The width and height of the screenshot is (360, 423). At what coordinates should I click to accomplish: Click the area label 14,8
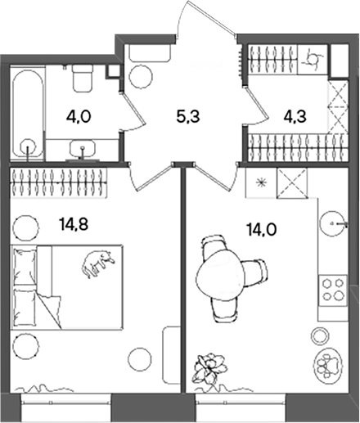74,225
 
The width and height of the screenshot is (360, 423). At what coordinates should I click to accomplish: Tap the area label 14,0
262,231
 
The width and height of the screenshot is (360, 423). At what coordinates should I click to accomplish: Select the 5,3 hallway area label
188,117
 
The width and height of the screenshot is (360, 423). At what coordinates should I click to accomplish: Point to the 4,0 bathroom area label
79,117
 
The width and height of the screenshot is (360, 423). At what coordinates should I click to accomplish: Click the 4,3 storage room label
295,117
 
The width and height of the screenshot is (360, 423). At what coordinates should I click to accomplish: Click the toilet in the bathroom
83,79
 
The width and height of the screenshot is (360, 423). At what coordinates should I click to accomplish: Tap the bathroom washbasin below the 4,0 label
83,150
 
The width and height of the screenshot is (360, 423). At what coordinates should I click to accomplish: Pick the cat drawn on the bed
98,263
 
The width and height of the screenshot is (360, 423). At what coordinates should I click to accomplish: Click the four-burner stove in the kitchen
333,290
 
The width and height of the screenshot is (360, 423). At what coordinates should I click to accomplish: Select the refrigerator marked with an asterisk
261,182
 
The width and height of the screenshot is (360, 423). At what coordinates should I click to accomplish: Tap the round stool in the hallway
141,76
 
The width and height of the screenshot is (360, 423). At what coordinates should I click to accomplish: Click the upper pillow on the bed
25,267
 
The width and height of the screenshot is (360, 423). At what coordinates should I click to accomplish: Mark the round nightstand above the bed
25,227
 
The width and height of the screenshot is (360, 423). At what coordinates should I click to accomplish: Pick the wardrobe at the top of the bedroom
58,182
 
